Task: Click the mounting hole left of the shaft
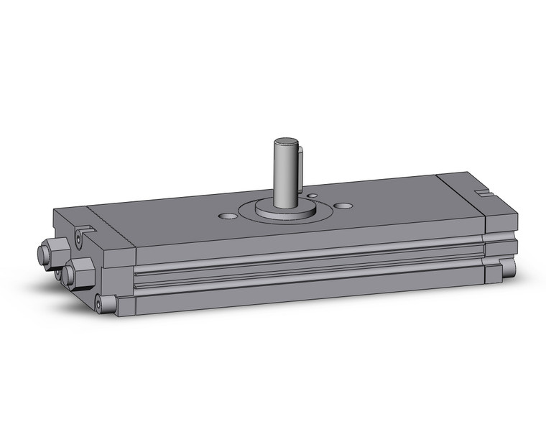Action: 228,215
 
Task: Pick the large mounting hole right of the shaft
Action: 344,206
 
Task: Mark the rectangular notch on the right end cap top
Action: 482,192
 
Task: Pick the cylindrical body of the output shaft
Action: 286,173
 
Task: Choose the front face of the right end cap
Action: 501,230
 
